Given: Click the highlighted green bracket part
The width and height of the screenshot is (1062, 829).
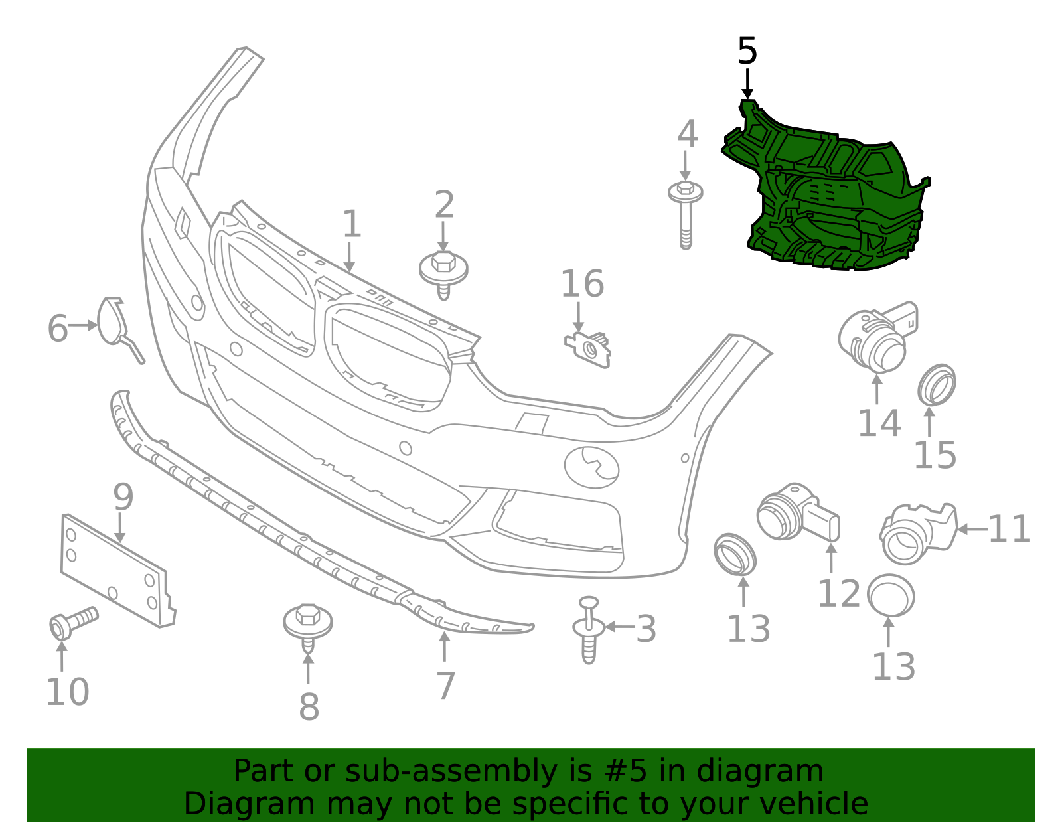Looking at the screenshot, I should click(x=826, y=199).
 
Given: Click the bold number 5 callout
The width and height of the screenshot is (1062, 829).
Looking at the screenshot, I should click(x=747, y=51).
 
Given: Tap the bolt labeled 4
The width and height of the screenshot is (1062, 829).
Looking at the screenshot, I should click(x=686, y=212).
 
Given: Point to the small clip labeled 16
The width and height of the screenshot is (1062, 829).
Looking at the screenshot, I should click(x=589, y=348).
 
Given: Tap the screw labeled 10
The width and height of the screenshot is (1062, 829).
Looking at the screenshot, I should click(x=73, y=621).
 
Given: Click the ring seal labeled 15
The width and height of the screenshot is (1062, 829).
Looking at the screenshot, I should click(x=937, y=385).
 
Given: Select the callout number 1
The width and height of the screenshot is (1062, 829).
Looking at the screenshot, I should click(x=351, y=224).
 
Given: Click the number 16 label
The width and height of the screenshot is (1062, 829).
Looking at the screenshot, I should click(x=582, y=284).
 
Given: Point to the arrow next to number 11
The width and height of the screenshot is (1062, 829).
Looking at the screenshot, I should click(x=972, y=529).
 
